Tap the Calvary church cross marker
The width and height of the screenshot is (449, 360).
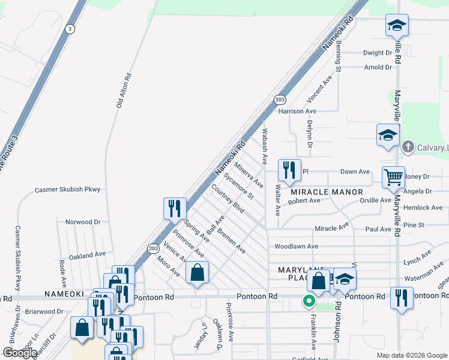pyautogui.click(x=408, y=147)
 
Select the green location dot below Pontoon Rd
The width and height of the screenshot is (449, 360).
pyautogui.click(x=309, y=301)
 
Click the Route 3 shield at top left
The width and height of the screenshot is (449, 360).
pyautogui.click(x=71, y=29)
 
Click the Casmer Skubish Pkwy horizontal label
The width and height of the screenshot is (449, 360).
pyautogui.click(x=67, y=190)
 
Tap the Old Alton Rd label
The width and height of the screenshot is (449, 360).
pyautogui.click(x=123, y=91)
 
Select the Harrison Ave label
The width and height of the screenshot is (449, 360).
pyautogui.click(x=297, y=111)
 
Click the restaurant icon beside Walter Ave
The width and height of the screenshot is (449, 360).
pyautogui.click(x=289, y=170)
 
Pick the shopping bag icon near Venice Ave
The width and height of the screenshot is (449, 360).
pyautogui.click(x=197, y=273)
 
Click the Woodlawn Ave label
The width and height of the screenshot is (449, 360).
pyautogui.click(x=296, y=247)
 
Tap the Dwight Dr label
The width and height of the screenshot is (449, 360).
pyautogui.click(x=378, y=53)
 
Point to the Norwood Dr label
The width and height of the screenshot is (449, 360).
pyautogui.click(x=83, y=222)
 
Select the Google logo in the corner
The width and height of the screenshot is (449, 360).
pyautogui.click(x=19, y=353)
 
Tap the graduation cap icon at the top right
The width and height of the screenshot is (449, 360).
pyautogui.click(x=396, y=26)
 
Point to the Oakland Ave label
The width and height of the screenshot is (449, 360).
pyautogui.click(x=87, y=256)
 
